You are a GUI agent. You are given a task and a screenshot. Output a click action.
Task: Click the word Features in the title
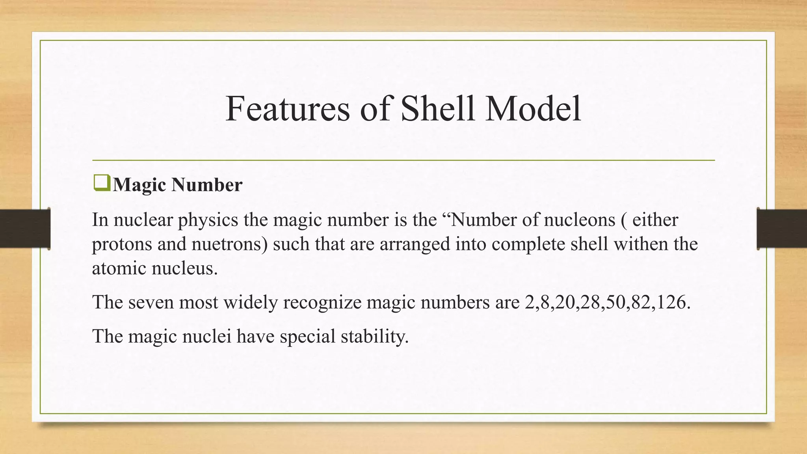point(287,108)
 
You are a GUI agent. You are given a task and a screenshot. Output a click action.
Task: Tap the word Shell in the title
point(437,108)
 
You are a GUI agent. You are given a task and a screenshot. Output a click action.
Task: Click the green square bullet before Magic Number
point(102,184)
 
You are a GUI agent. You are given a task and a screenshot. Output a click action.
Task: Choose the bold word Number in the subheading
point(206,184)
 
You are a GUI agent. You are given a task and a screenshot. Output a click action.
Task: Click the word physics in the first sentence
point(208,220)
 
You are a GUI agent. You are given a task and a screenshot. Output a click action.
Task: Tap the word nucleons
point(580,220)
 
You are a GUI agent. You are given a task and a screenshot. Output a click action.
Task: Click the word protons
point(122,245)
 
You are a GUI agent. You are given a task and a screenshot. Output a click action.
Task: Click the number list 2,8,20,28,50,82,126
point(607,302)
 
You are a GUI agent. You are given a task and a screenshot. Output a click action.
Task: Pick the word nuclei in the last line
point(206,336)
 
